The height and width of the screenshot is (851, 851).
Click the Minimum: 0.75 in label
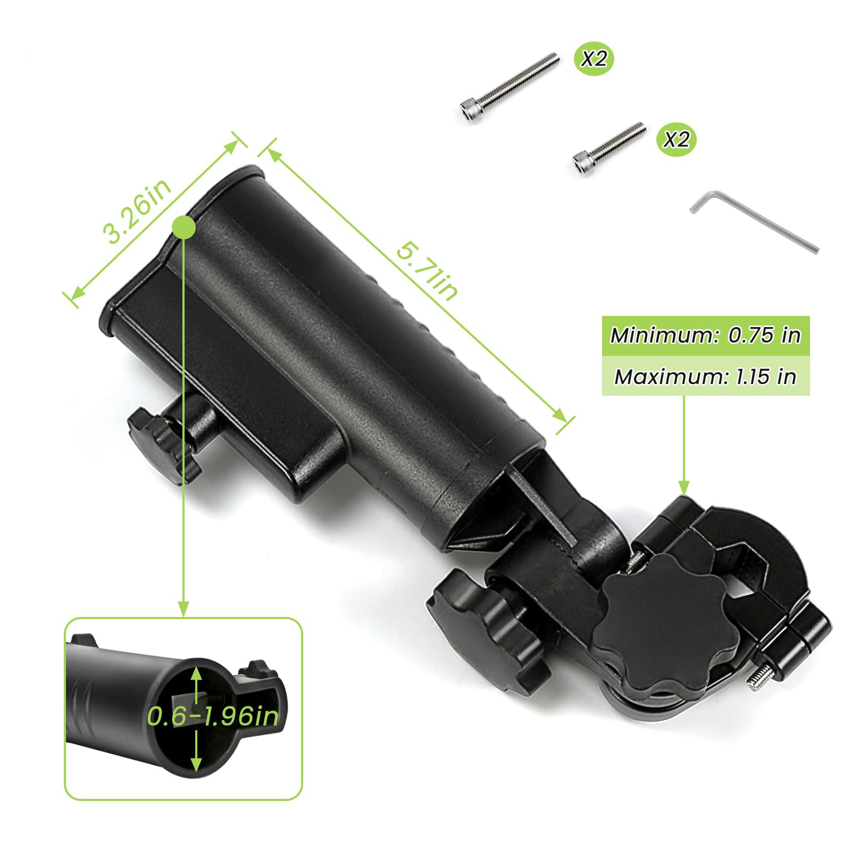click(705, 336)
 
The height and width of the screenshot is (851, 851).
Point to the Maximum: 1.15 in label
click(705, 377)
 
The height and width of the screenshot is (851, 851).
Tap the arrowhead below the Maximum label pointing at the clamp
click(683, 487)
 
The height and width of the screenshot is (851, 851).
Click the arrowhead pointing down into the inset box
click(183, 609)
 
